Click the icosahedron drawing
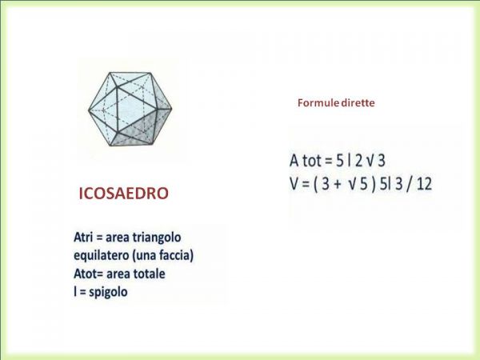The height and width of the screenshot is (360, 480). tap(130, 109)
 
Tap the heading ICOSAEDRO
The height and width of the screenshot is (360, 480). tap(124, 194)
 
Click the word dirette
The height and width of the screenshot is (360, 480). tap(358, 103)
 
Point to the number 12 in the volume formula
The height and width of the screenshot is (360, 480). tap(424, 184)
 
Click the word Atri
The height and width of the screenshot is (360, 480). tap(83, 238)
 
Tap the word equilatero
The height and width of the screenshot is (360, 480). tap(102, 256)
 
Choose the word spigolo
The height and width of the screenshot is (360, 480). tap(108, 293)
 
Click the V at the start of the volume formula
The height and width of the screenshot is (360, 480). tap(294, 184)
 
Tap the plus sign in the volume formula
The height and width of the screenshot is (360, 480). tap(337, 185)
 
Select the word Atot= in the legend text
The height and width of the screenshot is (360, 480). tap(89, 274)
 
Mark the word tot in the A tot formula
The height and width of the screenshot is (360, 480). tap(312, 161)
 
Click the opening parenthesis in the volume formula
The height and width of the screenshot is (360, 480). tap(315, 184)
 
